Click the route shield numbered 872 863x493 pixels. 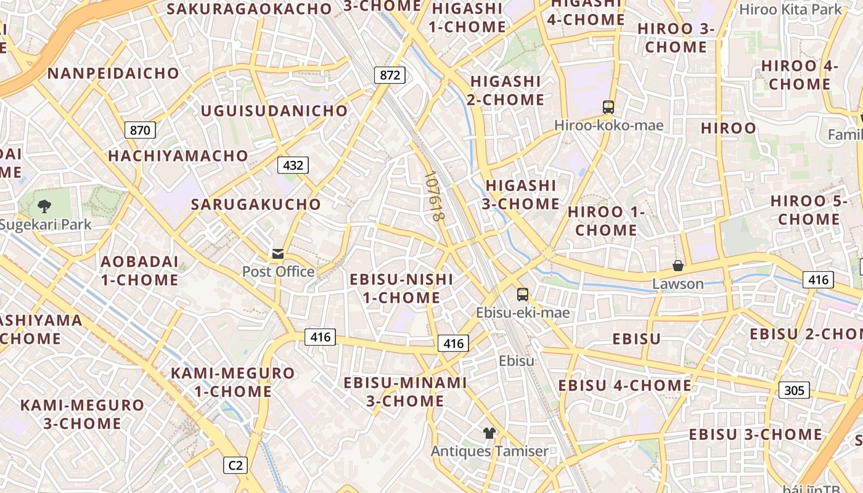(390, 76)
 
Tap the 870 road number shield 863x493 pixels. (140, 130)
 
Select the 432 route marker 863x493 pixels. (293, 165)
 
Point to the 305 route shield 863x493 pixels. (794, 390)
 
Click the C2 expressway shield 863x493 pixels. (235, 465)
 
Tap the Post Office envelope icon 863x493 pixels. (278, 254)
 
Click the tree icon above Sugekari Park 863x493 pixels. (44, 206)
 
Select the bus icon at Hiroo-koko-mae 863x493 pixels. (608, 107)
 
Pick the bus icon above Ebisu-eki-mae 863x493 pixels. (523, 295)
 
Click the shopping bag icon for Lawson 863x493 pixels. (678, 266)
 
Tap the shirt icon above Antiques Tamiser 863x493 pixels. (489, 433)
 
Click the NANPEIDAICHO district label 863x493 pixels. (113, 73)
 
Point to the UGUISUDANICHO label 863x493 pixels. (274, 111)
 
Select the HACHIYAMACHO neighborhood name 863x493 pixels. (178, 156)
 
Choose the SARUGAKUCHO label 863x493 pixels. (256, 204)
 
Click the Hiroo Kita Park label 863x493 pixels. (790, 9)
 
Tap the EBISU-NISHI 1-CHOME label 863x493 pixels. (401, 288)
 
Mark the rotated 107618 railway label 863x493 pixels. (435, 197)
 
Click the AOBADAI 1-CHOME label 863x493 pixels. (139, 271)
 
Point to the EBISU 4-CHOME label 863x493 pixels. (625, 385)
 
